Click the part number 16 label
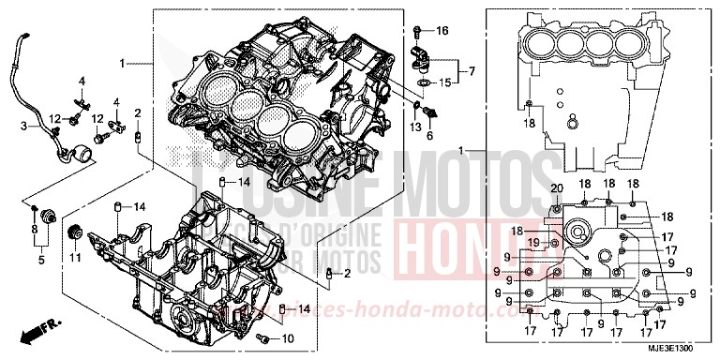click(443, 31)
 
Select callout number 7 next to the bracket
click(472, 71)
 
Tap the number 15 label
click(445, 83)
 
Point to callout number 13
click(416, 127)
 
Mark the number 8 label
click(34, 228)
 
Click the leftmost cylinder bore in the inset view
click(537, 40)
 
